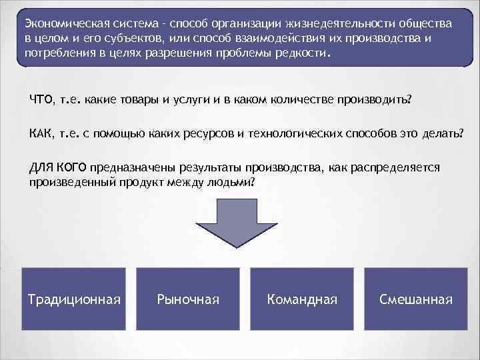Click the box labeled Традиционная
click(74, 299)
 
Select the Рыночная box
click(187, 299)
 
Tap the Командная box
click(301, 299)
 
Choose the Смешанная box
click(415, 299)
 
